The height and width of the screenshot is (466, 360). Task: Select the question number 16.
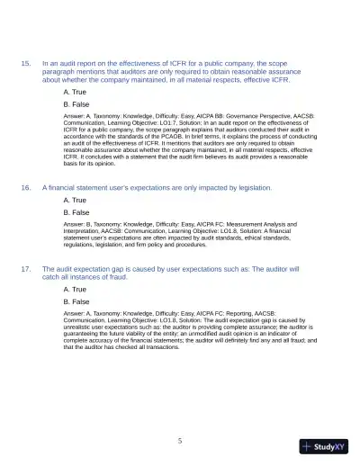click(x=26, y=188)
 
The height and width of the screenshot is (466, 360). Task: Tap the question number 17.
click(x=26, y=270)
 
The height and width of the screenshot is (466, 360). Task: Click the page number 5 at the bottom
click(x=180, y=441)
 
